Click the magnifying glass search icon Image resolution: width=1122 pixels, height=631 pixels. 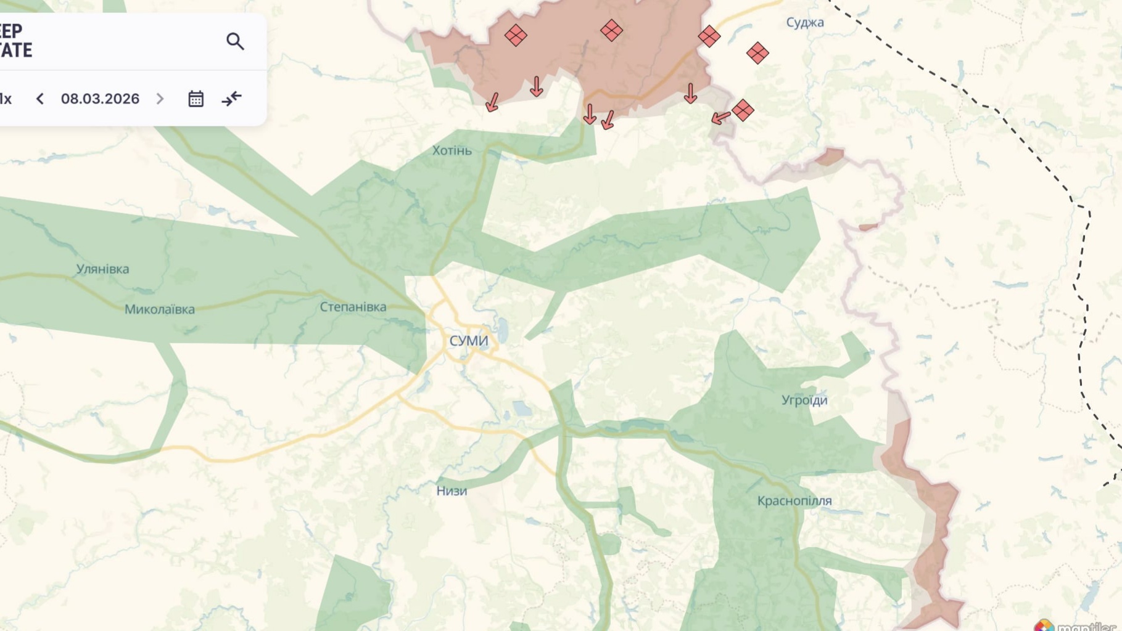(x=235, y=41)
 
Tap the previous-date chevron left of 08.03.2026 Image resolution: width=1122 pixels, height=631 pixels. (x=40, y=99)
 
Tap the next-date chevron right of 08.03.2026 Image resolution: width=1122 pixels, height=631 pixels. (x=160, y=99)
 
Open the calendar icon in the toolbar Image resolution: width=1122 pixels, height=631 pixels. (x=196, y=99)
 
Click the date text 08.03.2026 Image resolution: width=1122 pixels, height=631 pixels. (x=100, y=99)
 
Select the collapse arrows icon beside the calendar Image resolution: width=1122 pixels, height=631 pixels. (x=232, y=99)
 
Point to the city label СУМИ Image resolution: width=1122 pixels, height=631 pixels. (x=469, y=341)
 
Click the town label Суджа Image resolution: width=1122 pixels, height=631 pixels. (x=805, y=23)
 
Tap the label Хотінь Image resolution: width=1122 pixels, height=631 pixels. (x=452, y=150)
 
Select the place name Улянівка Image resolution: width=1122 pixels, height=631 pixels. (x=102, y=269)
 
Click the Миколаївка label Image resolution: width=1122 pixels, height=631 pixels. (x=160, y=309)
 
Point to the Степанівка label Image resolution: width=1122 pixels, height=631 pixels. (x=353, y=307)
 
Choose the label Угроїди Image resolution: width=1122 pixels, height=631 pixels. (x=804, y=401)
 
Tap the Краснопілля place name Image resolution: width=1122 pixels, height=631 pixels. (x=794, y=501)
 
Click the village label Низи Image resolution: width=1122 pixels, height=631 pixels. (x=452, y=491)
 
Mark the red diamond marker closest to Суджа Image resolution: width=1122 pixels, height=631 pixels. (x=757, y=54)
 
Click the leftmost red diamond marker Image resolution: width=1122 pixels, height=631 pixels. (x=516, y=35)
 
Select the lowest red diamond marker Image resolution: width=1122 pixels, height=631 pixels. (x=743, y=110)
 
